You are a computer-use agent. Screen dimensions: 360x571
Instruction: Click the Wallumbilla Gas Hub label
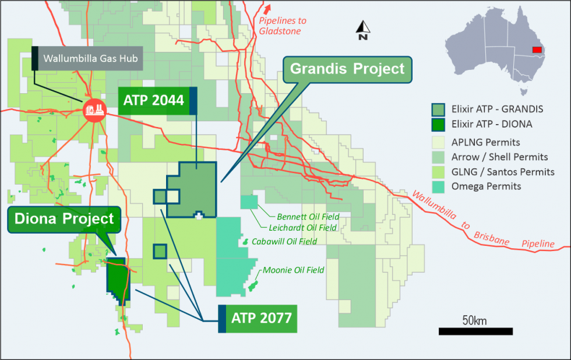[x=87, y=59]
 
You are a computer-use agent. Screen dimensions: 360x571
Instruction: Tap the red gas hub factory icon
[x=94, y=110]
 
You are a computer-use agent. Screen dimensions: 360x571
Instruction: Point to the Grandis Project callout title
[x=347, y=69]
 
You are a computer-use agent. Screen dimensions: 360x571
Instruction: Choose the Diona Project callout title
[x=65, y=220]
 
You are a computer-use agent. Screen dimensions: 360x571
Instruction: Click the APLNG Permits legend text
[x=485, y=142]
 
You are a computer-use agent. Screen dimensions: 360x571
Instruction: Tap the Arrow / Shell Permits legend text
[x=499, y=157]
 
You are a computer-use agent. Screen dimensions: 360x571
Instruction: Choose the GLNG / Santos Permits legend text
[x=503, y=172]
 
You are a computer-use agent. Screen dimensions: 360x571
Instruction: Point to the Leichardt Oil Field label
[x=303, y=228]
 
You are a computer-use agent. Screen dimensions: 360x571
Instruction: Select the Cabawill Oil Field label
[x=284, y=241]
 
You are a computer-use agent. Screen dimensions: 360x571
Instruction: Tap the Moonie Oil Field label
[x=293, y=270]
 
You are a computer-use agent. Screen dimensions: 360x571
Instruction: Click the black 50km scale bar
[x=475, y=331]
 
